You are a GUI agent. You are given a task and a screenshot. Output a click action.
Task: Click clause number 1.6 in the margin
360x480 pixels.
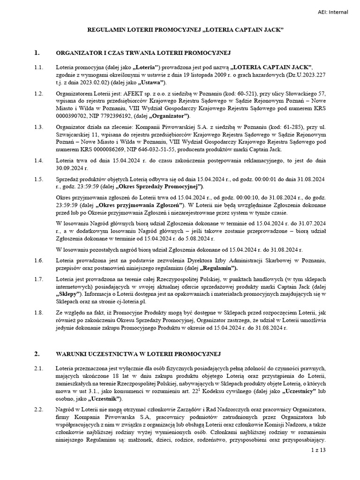tap(39, 260)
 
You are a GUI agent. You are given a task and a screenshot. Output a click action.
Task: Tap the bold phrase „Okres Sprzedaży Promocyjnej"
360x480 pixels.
tap(155, 187)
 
